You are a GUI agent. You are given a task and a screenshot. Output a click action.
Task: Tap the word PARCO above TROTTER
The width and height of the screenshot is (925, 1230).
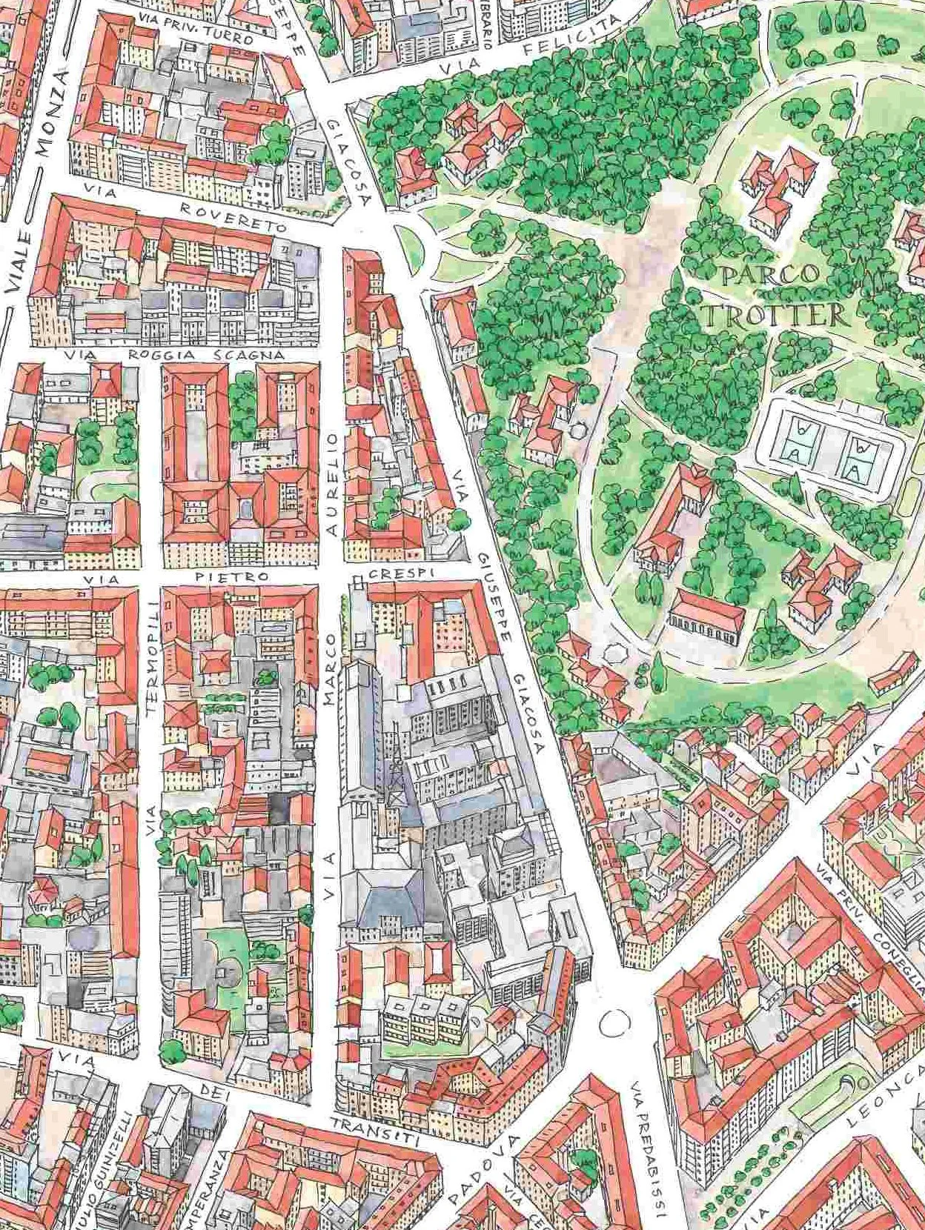771,276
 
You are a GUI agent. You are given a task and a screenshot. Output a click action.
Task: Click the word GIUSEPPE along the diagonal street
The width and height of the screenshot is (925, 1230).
493,599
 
